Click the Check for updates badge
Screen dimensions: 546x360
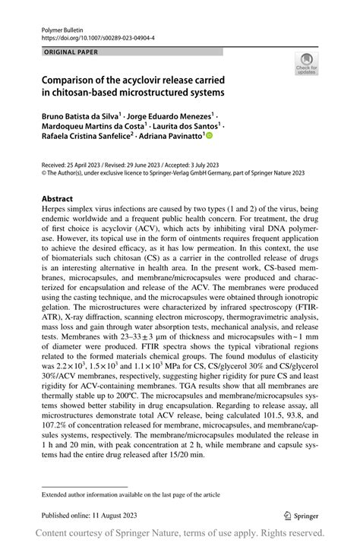click(x=306, y=64)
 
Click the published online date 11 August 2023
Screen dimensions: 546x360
click(x=109, y=513)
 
